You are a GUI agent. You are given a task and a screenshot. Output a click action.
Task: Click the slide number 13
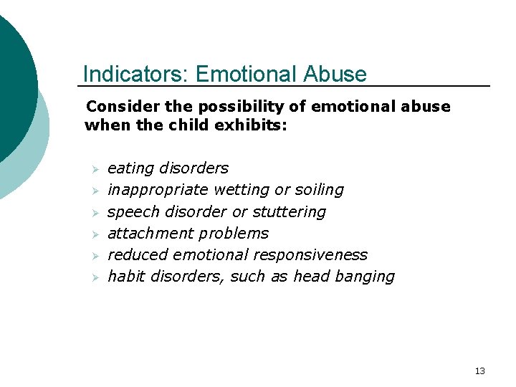pos(479,371)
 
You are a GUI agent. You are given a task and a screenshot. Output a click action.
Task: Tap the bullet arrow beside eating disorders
pos(92,169)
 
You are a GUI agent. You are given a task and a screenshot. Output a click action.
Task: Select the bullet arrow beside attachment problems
pos(92,234)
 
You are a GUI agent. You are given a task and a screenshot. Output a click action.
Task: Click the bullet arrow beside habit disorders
pos(92,277)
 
